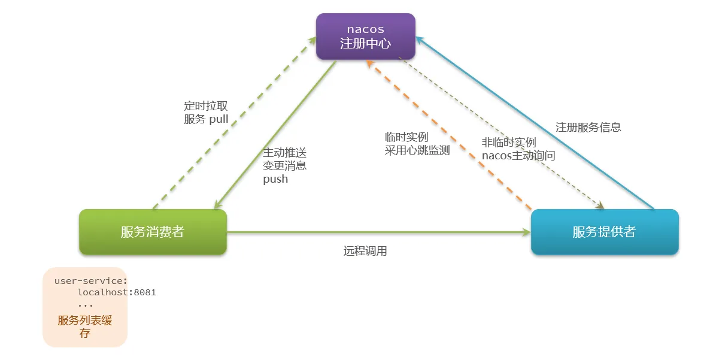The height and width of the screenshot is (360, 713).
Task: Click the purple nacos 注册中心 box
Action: pos(365,37)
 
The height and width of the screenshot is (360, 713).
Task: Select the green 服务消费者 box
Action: pos(153,232)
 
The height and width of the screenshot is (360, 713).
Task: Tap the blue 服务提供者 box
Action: pos(604,232)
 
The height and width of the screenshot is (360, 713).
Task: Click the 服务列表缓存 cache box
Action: pos(85,307)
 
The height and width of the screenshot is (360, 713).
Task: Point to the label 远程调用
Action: pos(365,251)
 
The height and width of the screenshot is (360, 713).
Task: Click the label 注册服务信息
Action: pos(588,127)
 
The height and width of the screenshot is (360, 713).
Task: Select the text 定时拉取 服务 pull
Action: pos(207,113)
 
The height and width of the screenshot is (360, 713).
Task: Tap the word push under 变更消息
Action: pos(275,179)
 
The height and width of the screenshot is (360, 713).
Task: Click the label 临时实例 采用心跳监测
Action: pos(417,144)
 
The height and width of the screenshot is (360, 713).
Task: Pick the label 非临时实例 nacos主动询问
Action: pos(518,149)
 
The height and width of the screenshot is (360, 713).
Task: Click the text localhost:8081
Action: pos(117,292)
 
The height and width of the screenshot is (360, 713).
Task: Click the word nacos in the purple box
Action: pos(365,29)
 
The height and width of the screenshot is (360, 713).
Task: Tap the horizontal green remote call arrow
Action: pos(377,232)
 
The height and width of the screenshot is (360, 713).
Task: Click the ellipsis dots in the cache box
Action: pos(86,304)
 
